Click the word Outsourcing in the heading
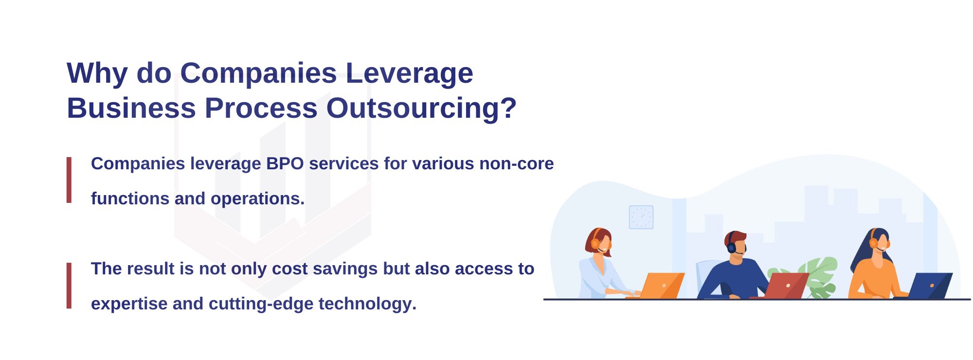421,108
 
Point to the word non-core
516,163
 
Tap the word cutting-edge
261,304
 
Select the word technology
367,304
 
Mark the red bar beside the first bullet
69,180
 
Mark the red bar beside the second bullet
69,286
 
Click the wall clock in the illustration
641,217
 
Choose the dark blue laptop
929,286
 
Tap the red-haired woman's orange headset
595,242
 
